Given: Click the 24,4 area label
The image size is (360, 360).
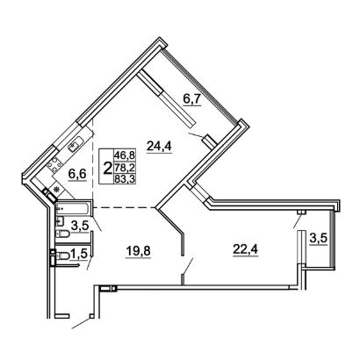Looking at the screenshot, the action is pyautogui.click(x=160, y=145).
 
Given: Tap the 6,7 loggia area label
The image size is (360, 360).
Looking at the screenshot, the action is pyautogui.click(x=191, y=99).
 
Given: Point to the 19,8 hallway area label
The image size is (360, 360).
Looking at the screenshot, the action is pyautogui.click(x=138, y=251).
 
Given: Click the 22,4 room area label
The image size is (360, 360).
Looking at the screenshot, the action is pyautogui.click(x=246, y=249).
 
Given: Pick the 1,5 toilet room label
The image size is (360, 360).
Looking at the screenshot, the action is pyautogui.click(x=79, y=254).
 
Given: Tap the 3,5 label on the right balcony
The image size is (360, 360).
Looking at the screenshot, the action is pyautogui.click(x=319, y=239).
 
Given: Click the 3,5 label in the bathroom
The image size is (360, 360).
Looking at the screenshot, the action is pyautogui.click(x=81, y=227).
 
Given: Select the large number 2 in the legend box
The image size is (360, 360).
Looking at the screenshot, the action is pyautogui.click(x=108, y=169).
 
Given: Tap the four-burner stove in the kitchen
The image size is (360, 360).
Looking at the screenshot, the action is pyautogui.click(x=54, y=163).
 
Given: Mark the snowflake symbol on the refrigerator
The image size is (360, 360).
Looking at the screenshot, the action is pyautogui.click(x=57, y=190).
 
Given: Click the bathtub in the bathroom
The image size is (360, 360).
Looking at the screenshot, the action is pyautogui.click(x=74, y=208).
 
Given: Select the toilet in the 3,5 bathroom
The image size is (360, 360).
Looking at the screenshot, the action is pyautogui.click(x=62, y=234).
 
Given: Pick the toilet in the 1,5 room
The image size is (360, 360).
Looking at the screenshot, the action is pyautogui.click(x=62, y=256).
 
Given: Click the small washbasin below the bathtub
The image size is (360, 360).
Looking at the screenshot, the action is pyautogui.click(x=60, y=221).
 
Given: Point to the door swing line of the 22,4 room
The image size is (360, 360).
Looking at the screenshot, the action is pyautogui.click(x=187, y=266).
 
